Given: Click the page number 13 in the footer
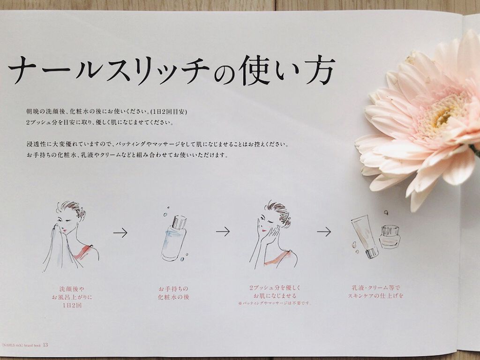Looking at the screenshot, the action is tap(45, 345).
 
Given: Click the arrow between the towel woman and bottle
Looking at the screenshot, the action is tap(120, 233).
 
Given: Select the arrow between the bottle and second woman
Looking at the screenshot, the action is tap(223, 232).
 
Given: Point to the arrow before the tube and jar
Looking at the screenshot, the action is tap(324, 232).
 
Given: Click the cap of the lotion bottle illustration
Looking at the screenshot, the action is tap(179, 222).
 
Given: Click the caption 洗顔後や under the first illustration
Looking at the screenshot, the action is tap(72, 289).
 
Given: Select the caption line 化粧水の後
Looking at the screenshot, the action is tap(173, 297).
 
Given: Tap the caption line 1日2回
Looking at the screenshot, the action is tap(72, 305).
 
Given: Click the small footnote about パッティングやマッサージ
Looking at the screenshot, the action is tap(275, 303).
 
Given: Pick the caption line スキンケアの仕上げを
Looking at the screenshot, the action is tap(375, 296).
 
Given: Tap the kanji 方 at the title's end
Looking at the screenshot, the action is tap(320, 70).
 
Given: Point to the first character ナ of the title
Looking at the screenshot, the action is tap(22, 70).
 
